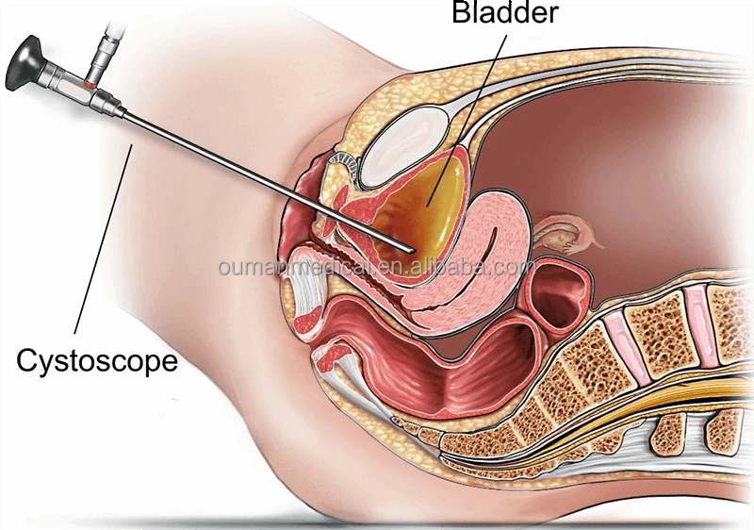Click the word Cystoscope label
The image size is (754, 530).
[x=98, y=360]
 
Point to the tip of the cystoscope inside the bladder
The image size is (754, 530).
[x=409, y=247]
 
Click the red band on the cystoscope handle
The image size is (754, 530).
[x=88, y=86]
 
